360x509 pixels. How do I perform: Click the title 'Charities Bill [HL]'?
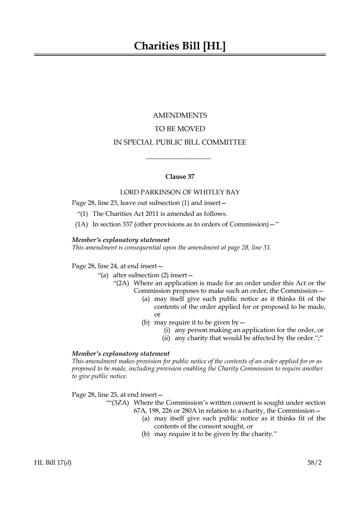(180, 46)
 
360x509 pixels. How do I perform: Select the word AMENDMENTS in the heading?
(180, 116)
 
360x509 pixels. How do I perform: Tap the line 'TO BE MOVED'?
(180, 129)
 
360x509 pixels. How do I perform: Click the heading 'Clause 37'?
(180, 177)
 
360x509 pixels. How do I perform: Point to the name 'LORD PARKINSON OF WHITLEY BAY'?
(180, 192)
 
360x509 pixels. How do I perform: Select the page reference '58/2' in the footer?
(315, 462)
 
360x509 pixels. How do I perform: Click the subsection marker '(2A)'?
(122, 283)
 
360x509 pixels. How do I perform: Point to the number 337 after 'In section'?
(127, 224)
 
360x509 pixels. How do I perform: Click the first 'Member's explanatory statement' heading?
(121, 240)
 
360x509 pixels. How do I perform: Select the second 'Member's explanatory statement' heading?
(121, 354)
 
